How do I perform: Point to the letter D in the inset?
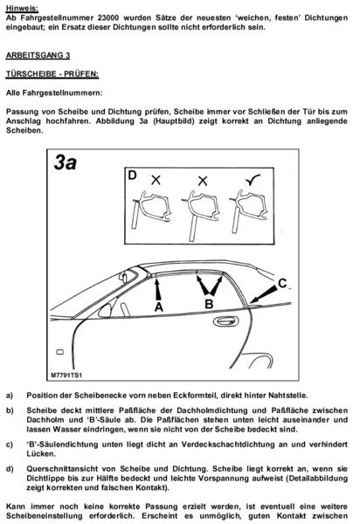[x=131, y=176]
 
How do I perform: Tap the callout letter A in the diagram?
[x=158, y=307]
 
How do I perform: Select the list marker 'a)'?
[x=10, y=396]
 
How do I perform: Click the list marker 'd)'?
[x=10, y=471]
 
